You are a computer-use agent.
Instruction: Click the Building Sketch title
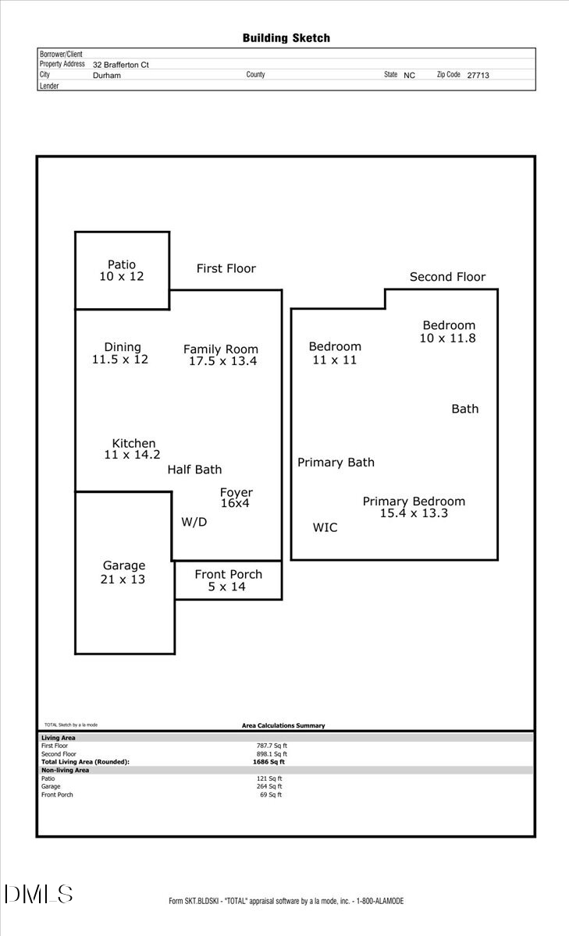pyautogui.click(x=286, y=37)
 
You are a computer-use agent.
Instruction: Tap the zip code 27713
pyautogui.click(x=478, y=76)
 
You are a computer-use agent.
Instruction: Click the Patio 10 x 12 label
pyautogui.click(x=122, y=271)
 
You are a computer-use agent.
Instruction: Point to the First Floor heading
pyautogui.click(x=226, y=268)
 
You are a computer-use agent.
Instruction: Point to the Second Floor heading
pyautogui.click(x=447, y=277)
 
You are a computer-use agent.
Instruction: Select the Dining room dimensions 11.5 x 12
pyautogui.click(x=120, y=360)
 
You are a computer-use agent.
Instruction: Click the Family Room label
pyautogui.click(x=221, y=349)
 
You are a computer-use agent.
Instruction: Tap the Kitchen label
pyautogui.click(x=133, y=443)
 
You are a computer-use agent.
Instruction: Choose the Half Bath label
pyautogui.click(x=194, y=470)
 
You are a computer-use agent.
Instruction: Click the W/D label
pyautogui.click(x=194, y=522)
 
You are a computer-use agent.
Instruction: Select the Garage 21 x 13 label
pyautogui.click(x=123, y=573)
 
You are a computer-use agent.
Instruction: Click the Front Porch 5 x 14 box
pyautogui.click(x=228, y=580)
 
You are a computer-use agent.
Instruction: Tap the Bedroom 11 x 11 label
pyautogui.click(x=335, y=353)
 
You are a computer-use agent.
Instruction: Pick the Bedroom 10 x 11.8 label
pyautogui.click(x=448, y=331)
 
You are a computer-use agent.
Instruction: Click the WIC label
pyautogui.click(x=325, y=528)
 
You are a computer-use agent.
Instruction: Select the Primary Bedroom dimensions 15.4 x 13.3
pyautogui.click(x=414, y=513)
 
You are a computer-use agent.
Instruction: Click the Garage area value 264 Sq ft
pyautogui.click(x=270, y=786)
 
